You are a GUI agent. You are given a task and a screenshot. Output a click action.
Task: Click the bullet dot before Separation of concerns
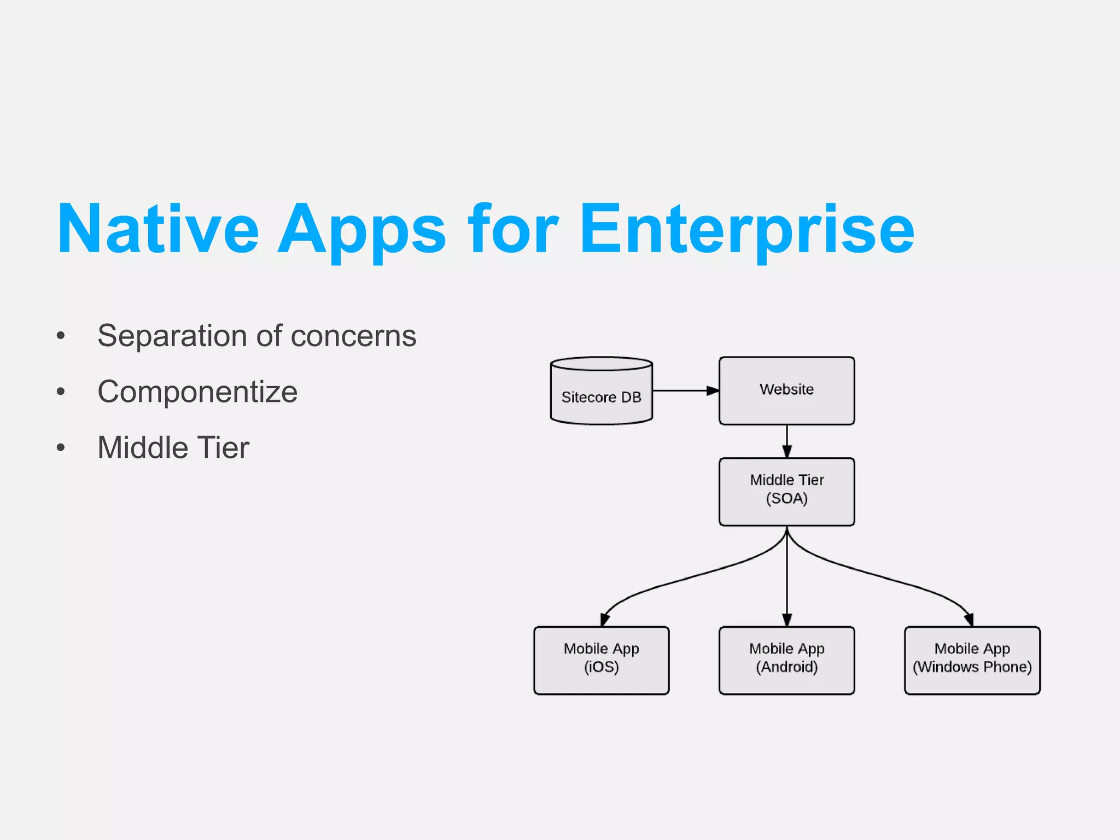pos(61,336)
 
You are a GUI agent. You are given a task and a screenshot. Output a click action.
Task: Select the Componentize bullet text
pos(197,392)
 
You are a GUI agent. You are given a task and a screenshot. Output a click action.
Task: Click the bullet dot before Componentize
pos(61,392)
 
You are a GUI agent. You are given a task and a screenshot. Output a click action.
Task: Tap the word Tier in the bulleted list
pos(224,447)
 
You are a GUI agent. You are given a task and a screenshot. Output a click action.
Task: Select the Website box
pos(786,390)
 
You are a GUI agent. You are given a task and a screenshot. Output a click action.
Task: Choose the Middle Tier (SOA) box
pos(786,491)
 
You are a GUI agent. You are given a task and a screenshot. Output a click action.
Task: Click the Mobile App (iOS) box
pos(601,660)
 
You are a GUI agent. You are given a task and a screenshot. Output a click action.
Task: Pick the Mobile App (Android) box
pos(786,660)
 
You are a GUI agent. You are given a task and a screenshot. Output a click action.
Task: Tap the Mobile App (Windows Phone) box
pos(972,660)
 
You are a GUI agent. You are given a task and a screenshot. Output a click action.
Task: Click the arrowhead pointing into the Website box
pos(712,390)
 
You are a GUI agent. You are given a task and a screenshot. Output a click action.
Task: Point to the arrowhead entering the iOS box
pos(604,620)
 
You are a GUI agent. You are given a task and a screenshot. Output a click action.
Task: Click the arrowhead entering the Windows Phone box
pos(969,620)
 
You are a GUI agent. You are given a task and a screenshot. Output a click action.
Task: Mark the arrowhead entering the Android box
pos(786,620)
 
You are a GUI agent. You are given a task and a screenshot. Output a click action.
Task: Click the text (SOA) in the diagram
pos(786,499)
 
